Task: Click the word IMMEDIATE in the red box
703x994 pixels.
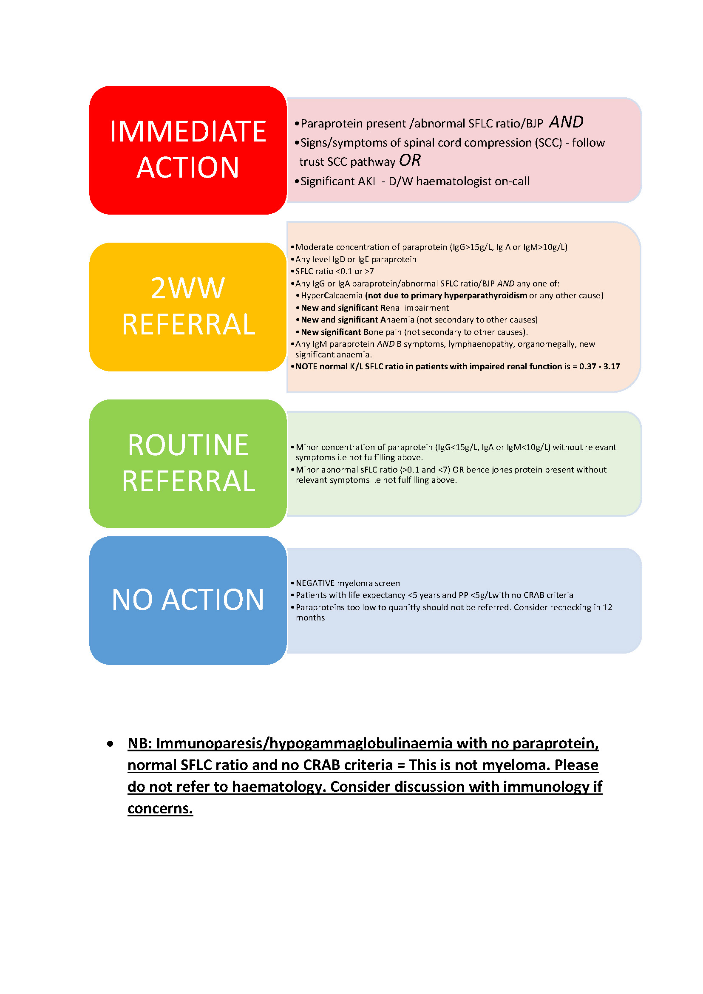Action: (x=187, y=131)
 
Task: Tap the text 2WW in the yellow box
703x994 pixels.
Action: (x=187, y=288)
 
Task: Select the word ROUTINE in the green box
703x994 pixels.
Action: (x=187, y=445)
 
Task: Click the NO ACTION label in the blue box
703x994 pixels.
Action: (x=187, y=600)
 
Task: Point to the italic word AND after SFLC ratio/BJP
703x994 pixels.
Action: (x=566, y=122)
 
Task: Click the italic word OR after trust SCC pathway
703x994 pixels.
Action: (x=409, y=161)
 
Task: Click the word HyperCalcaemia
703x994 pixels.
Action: (x=332, y=296)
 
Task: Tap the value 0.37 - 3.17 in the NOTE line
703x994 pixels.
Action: (x=600, y=367)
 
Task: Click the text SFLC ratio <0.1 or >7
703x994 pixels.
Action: (x=334, y=272)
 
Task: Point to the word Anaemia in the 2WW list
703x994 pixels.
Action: (x=397, y=320)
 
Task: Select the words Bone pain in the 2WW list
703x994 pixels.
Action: (x=382, y=332)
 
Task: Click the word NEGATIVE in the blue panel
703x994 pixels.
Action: (x=315, y=583)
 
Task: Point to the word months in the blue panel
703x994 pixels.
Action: (x=310, y=618)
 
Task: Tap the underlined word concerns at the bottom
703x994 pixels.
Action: (x=160, y=808)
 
